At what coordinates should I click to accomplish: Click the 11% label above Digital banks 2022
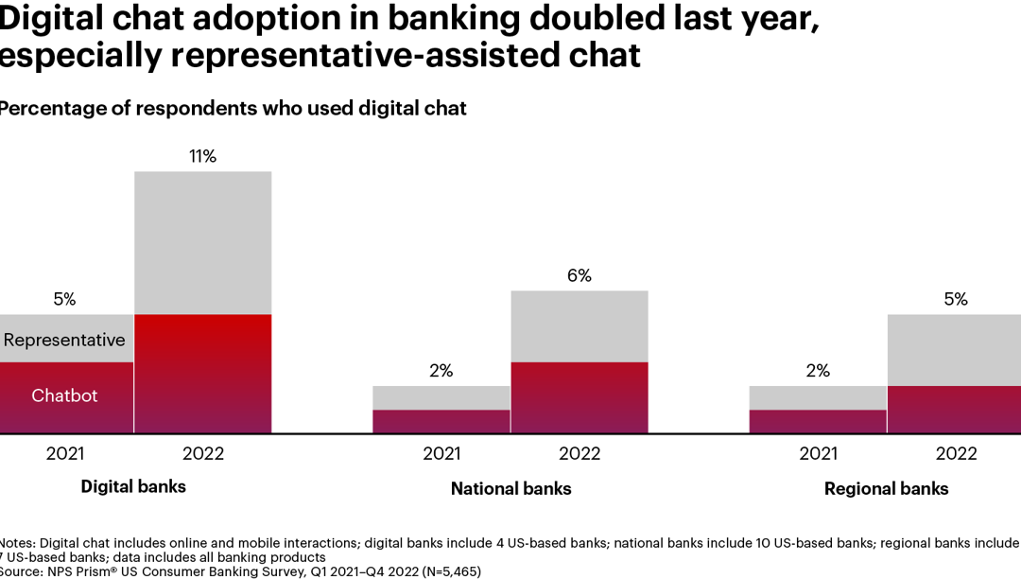pyautogui.click(x=202, y=157)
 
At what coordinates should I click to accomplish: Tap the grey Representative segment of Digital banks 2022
pyautogui.click(x=202, y=243)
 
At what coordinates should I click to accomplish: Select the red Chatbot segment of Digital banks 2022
pyautogui.click(x=202, y=374)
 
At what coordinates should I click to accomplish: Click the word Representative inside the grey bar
pyautogui.click(x=64, y=340)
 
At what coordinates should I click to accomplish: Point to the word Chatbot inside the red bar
pyautogui.click(x=64, y=395)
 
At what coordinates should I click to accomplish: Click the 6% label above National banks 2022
pyautogui.click(x=579, y=276)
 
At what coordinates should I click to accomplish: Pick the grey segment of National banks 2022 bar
pyautogui.click(x=579, y=326)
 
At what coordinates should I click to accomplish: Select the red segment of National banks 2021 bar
pyautogui.click(x=441, y=421)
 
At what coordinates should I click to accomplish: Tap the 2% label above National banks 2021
pyautogui.click(x=441, y=371)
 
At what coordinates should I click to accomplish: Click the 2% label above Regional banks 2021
pyautogui.click(x=818, y=371)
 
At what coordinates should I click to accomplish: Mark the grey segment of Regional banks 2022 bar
pyautogui.click(x=955, y=350)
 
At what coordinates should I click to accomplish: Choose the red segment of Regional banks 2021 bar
pyautogui.click(x=818, y=421)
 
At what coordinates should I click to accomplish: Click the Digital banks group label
pyautogui.click(x=133, y=487)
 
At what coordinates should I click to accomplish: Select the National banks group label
pyautogui.click(x=510, y=489)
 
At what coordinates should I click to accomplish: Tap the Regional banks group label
pyautogui.click(x=886, y=489)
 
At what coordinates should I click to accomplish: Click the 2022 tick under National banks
pyautogui.click(x=579, y=454)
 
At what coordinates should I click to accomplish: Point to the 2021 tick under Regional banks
pyautogui.click(x=818, y=454)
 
